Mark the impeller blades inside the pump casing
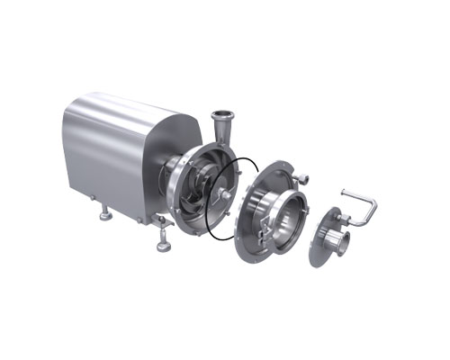(x=193, y=200)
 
